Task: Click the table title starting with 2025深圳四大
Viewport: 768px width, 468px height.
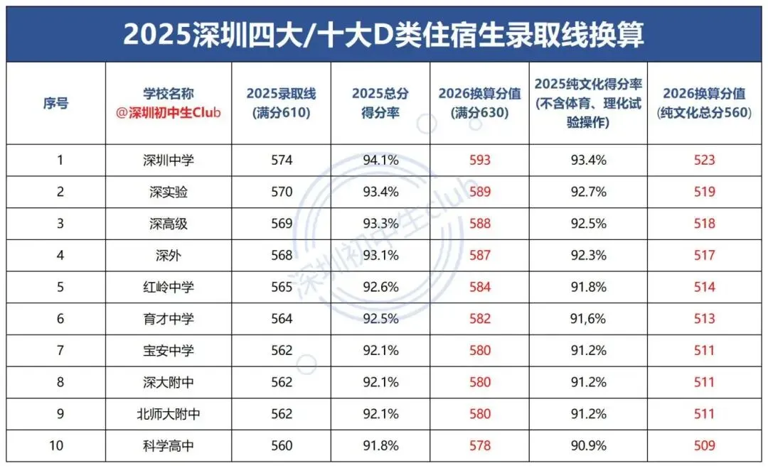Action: pos(383,33)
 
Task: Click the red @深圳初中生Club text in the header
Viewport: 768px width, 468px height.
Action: pos(169,113)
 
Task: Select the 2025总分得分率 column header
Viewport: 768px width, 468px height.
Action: pos(380,103)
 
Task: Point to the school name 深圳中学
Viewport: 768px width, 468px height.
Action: pos(169,160)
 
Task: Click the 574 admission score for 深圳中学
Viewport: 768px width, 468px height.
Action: pos(282,160)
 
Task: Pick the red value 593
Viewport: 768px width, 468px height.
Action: pos(480,160)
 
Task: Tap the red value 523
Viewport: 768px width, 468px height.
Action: pos(704,160)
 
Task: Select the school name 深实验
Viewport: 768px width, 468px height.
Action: pos(169,192)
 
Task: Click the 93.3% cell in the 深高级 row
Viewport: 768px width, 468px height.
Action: pos(380,224)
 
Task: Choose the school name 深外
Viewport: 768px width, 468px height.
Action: pos(169,255)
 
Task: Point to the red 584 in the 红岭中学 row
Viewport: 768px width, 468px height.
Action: pos(480,287)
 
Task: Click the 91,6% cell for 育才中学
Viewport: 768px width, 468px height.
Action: pos(588,319)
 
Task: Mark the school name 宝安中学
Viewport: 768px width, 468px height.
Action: pos(169,350)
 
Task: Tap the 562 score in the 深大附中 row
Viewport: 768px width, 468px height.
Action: pos(282,382)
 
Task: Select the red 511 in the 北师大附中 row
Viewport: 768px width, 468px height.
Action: pos(704,414)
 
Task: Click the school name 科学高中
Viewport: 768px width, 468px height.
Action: pos(169,446)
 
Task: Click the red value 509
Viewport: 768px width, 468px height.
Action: pos(704,446)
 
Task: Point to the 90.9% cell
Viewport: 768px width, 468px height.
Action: pos(588,446)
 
